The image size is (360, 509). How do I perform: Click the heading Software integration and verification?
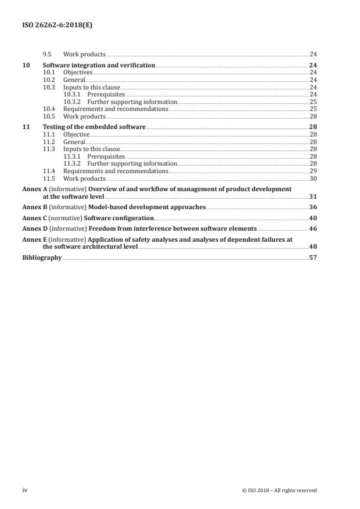point(99,66)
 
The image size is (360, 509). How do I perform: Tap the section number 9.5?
point(48,54)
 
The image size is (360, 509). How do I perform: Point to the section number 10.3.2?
point(72,102)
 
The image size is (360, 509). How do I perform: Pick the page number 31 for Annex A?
point(313,197)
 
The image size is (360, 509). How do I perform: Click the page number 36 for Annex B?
point(313,207)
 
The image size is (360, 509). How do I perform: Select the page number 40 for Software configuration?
point(313,218)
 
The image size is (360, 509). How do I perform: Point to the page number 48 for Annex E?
point(313,246)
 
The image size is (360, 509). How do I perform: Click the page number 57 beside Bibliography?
point(313,257)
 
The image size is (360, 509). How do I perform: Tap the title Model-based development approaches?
point(145,207)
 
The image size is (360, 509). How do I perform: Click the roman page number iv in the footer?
point(25,490)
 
